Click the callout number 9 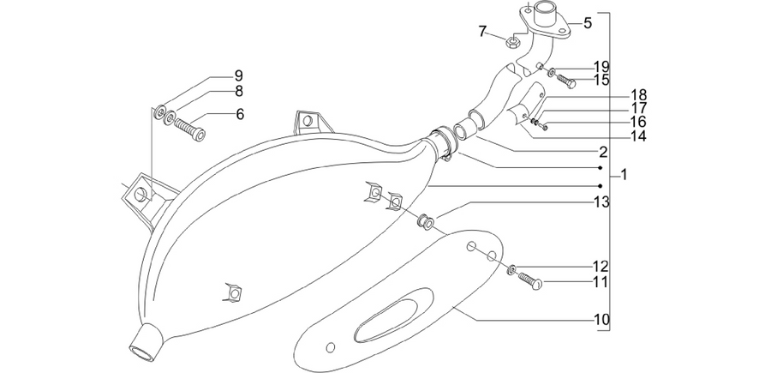coord(238,75)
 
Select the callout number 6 coord(240,114)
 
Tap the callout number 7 coord(482,32)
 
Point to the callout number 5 coord(588,22)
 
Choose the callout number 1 coord(624,174)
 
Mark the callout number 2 coord(602,151)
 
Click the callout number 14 coord(638,135)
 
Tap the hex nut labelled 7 coord(512,42)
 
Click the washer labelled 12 coord(512,268)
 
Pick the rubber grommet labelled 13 coord(425,222)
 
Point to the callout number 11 coord(601,282)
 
